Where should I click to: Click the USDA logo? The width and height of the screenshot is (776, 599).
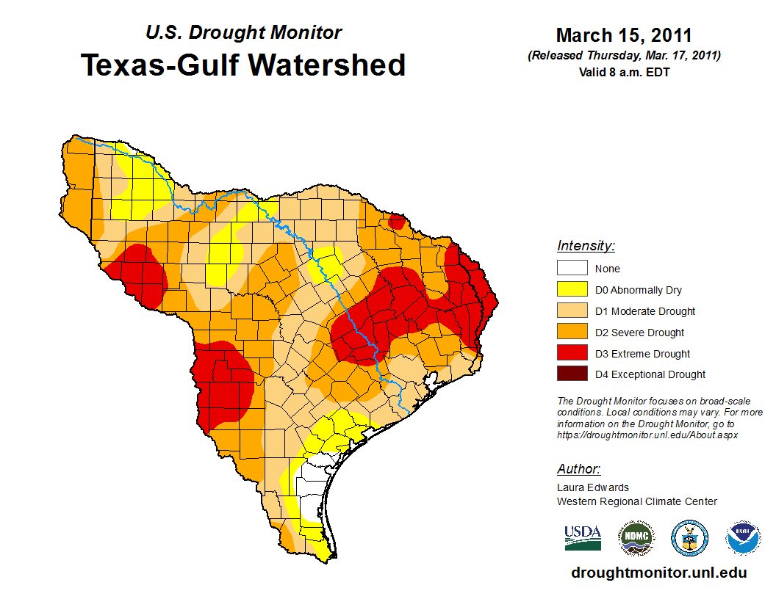tap(583, 537)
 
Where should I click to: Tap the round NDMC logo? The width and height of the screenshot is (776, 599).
tap(636, 539)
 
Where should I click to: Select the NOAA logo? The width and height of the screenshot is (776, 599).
tap(744, 539)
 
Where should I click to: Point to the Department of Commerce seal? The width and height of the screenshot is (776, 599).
tap(690, 539)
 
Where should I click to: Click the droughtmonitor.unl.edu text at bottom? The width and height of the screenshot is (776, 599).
tap(658, 573)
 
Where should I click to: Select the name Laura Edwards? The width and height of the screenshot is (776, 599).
tap(593, 487)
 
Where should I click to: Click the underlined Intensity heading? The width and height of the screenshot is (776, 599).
tap(586, 246)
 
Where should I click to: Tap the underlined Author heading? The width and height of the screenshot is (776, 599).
tap(578, 469)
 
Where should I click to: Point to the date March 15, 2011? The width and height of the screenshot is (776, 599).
tap(624, 35)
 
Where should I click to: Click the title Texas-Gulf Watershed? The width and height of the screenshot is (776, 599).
tap(243, 65)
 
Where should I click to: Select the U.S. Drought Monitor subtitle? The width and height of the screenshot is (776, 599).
tap(243, 33)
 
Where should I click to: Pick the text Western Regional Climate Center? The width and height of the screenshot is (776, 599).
tap(636, 501)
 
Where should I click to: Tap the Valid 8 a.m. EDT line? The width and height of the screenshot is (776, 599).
tap(624, 72)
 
